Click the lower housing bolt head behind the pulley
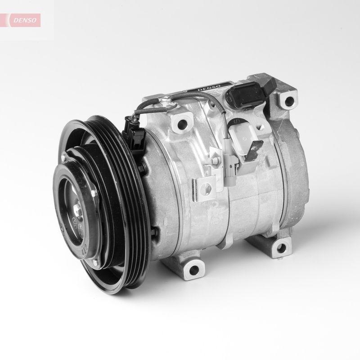(x=155, y=233)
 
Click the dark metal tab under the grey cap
(x=256, y=149)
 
